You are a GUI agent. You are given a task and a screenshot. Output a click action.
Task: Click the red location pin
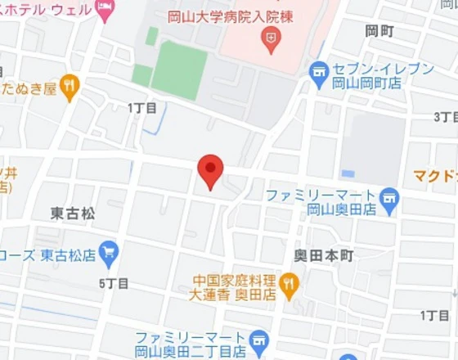pos(210,169)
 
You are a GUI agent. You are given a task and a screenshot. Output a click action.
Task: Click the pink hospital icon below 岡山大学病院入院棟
pos(268,37)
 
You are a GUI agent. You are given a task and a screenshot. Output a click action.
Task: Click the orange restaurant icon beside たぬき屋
pos(70,84)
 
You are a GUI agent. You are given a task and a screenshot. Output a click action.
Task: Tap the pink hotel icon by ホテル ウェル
pos(106,9)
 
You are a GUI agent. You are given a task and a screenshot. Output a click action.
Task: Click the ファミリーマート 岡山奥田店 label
pos(321,202)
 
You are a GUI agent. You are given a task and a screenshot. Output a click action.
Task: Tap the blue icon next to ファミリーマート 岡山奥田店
pos(390,196)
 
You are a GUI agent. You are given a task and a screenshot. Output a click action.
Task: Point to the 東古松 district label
pos(72,214)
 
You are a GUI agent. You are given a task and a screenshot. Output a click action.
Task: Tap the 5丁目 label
pos(114,284)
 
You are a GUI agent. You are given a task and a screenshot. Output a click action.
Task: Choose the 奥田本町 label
pos(324,256)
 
